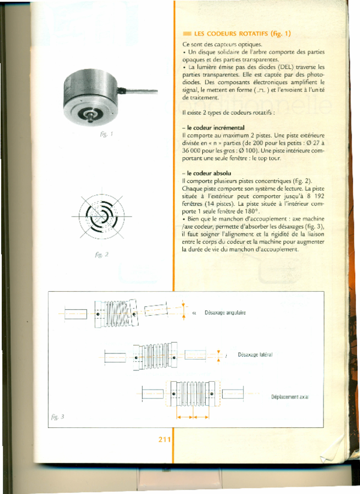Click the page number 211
166,439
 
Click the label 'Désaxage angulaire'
225,313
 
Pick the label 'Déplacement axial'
290,397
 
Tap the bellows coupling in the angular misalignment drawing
117,313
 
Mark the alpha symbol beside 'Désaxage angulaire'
194,313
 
